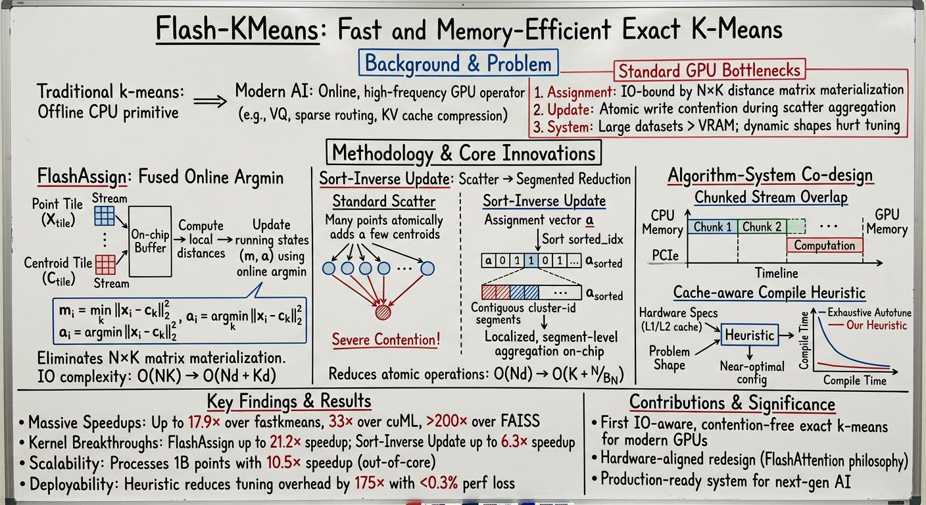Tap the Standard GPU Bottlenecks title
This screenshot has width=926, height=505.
pos(710,70)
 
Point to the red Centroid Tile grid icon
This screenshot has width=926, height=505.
pos(106,264)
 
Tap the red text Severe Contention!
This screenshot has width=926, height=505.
pos(385,340)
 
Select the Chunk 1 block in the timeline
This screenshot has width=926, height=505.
pos(712,228)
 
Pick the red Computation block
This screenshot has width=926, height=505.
pos(824,245)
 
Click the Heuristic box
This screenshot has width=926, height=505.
pos(749,335)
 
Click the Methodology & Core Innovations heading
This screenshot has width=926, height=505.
pos(463,153)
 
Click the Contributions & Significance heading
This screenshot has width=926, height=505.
pos(732,403)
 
